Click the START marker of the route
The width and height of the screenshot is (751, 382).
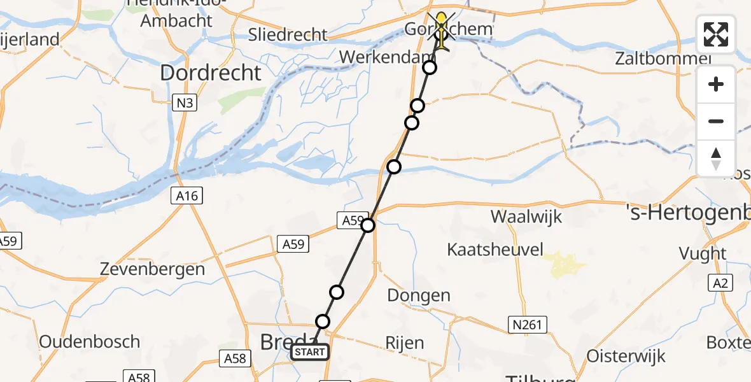310,351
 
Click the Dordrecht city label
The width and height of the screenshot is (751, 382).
211,73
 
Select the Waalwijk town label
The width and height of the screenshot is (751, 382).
526,216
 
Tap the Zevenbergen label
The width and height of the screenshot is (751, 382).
153,269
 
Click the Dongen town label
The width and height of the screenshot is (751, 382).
419,295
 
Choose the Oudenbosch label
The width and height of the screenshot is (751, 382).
89,341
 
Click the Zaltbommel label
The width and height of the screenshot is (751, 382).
663,59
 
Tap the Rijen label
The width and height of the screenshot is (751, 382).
405,343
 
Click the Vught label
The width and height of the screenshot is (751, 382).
703,254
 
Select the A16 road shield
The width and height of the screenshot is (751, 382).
187,196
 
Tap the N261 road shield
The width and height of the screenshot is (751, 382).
528,325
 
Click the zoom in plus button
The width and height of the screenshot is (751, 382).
716,84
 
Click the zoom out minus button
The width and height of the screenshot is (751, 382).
716,121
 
